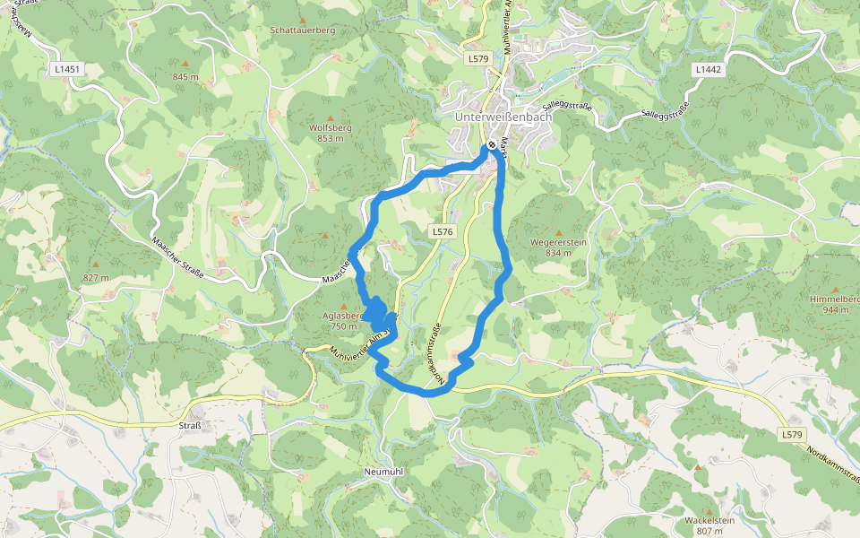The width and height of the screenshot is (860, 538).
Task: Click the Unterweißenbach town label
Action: tap(503, 117)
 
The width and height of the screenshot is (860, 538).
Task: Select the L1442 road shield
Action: tap(707, 69)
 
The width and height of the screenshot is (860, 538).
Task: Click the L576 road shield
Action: tap(443, 231)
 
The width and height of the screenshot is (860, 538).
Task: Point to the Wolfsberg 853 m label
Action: tap(330, 133)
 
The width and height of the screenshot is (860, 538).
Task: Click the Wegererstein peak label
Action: tap(558, 247)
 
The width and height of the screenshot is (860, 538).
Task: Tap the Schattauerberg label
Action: tap(302, 30)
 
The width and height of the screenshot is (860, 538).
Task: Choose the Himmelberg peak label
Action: tap(834, 303)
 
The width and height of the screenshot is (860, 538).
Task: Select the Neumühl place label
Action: tap(387, 471)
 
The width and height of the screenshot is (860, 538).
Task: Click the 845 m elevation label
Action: tap(185, 77)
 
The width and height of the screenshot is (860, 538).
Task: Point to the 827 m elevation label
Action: tap(96, 277)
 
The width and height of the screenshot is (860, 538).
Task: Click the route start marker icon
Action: tap(492, 146)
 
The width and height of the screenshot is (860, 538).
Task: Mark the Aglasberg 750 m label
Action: tap(342, 320)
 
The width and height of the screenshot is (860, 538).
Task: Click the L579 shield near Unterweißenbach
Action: tap(477, 58)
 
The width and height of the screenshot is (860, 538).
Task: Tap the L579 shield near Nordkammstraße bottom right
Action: tap(791, 434)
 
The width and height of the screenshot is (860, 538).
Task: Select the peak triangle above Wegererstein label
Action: tap(559, 230)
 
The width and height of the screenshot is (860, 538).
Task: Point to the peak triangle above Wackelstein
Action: tap(698, 467)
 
